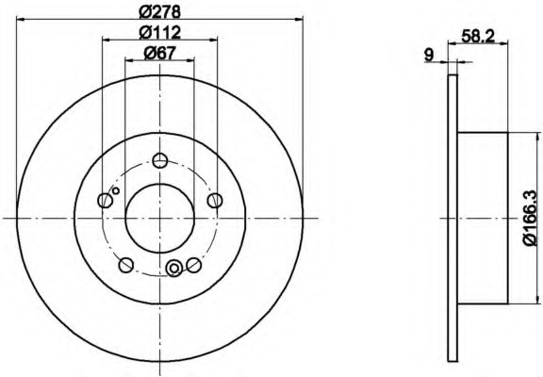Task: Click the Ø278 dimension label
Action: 159,12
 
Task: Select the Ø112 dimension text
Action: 159,33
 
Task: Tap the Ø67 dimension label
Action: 159,53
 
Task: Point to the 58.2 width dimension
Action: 479,36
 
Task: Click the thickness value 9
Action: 429,55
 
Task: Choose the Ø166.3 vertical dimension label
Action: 533,218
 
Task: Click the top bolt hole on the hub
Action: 160,160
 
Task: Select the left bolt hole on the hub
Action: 106,201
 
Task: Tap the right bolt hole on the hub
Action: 215,201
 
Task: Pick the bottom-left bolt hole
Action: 126,265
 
